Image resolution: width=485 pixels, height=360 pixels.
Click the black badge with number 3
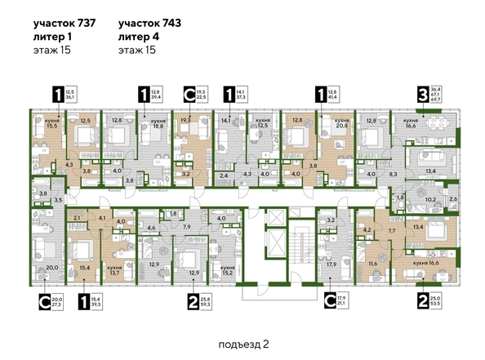click(424, 95)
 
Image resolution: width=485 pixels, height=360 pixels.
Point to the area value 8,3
click(393, 175)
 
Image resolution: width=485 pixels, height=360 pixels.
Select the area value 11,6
click(372, 264)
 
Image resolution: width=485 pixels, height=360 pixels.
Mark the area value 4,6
click(151, 229)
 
